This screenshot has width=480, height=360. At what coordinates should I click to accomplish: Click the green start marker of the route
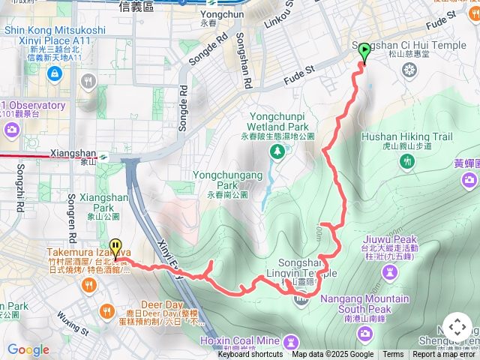(364, 52)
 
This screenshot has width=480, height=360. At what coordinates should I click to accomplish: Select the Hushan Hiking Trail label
(406, 137)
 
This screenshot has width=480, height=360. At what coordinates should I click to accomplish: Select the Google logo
(28, 349)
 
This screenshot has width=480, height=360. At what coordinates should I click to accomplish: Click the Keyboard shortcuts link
(250, 355)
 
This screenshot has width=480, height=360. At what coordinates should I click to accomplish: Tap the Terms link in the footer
(393, 355)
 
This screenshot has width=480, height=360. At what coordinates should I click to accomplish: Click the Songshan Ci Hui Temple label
(420, 45)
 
